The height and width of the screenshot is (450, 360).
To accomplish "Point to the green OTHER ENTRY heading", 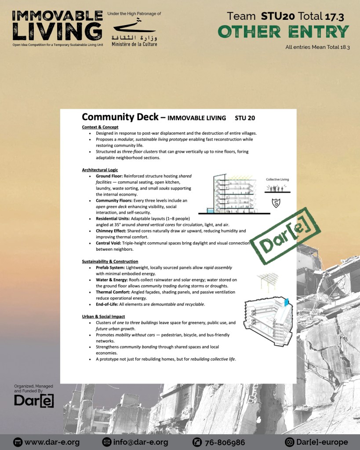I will (x=284, y=32).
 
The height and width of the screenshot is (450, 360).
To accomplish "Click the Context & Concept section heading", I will (x=100, y=127).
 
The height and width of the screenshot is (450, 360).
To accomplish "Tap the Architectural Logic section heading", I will (x=100, y=170).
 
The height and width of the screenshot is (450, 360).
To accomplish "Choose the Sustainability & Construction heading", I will (x=110, y=261).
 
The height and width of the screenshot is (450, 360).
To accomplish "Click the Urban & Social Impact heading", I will (x=103, y=316).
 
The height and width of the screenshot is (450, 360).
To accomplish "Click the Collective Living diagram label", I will (x=277, y=179).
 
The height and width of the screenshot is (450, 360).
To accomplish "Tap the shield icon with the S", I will (x=276, y=203).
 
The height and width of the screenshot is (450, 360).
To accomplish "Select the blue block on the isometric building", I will (x=287, y=302).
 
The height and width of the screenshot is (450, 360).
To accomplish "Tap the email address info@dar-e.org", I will (x=141, y=442).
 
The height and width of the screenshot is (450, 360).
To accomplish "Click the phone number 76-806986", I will (x=224, y=442).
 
